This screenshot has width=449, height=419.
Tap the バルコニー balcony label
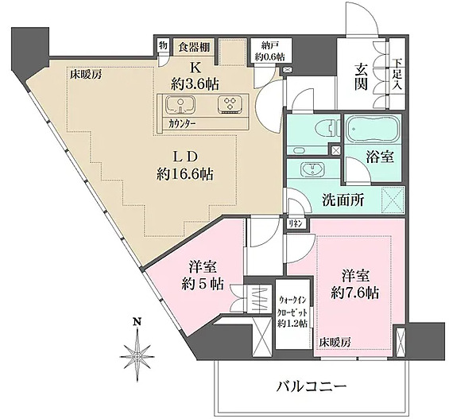pos(311,386)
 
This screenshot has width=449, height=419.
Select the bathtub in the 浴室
pos(370,128)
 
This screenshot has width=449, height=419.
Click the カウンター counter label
pos(182,124)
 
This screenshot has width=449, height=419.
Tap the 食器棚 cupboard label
pos(193,45)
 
